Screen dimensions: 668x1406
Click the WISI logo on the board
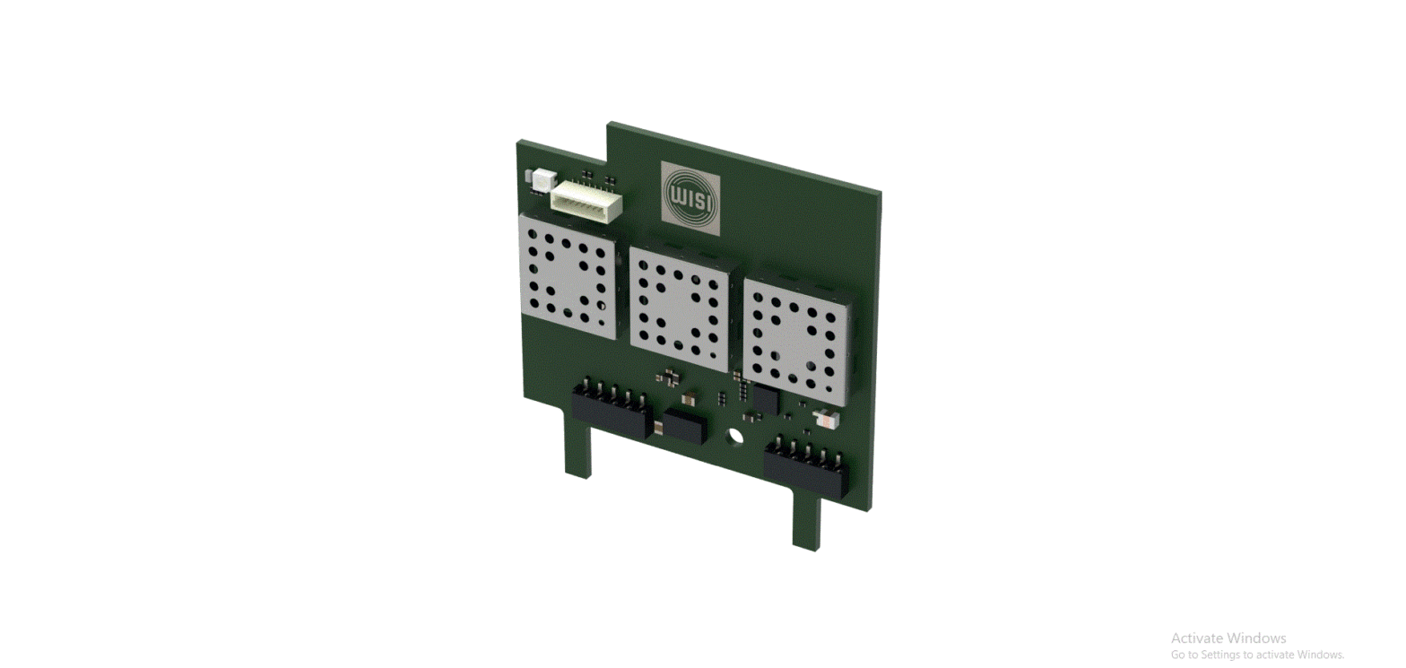point(690,198)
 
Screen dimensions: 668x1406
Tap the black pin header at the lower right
point(806,467)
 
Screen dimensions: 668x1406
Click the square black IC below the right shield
point(764,399)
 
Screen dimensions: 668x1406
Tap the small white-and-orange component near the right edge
point(824,418)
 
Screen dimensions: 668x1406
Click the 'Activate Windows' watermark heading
point(1228,638)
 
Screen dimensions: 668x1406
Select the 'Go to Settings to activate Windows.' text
point(1257,655)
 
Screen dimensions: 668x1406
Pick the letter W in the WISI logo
point(677,195)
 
